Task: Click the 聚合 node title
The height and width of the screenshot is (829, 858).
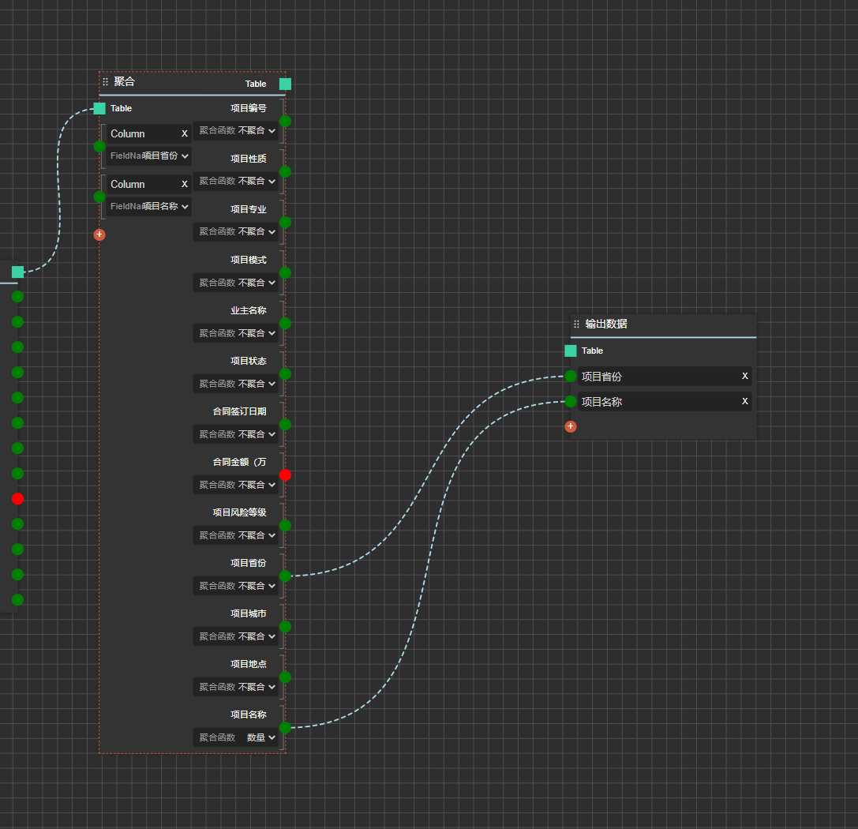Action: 124,81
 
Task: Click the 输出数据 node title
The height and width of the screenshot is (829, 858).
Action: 605,324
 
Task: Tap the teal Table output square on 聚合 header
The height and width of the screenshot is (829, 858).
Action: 285,84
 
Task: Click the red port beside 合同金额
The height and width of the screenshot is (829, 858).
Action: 285,475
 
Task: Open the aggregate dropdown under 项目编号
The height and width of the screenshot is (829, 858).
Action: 236,130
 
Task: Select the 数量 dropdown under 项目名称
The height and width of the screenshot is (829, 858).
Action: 236,737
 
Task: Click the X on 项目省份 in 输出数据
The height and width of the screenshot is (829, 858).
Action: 744,376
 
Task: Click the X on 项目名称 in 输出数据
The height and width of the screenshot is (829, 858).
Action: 744,401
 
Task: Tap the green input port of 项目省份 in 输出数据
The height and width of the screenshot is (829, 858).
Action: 570,376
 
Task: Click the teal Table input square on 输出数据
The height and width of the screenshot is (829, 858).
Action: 570,351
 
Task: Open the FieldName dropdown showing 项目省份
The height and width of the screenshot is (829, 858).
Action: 149,156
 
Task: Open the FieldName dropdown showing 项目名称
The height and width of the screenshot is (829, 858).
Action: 149,206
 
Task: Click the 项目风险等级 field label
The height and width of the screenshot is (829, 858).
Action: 240,512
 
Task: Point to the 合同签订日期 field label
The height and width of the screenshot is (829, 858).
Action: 240,411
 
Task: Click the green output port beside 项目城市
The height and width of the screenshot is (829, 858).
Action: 285,627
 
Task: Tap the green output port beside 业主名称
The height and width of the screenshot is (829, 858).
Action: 285,324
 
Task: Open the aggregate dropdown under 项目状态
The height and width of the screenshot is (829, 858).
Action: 236,384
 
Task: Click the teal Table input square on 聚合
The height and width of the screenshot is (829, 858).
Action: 99,108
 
